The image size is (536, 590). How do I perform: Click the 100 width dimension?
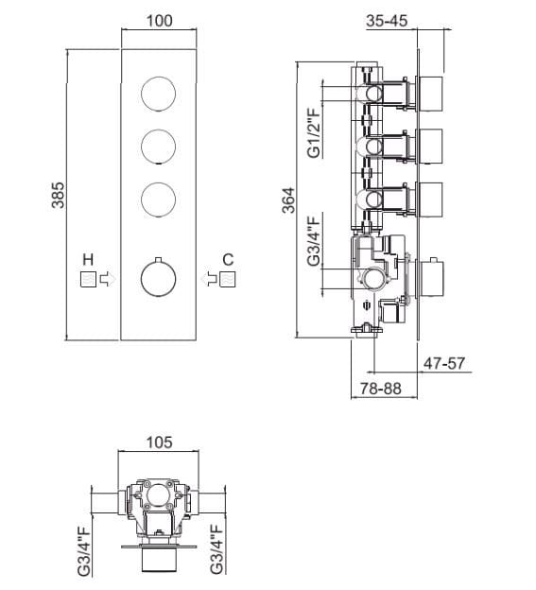point(160,21)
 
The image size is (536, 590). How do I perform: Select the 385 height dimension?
point(58,195)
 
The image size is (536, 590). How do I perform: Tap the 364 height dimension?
point(289,200)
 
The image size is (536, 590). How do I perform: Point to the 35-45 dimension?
point(387,20)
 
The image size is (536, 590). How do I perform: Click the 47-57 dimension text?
point(444,363)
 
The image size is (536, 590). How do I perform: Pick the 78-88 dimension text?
point(381,389)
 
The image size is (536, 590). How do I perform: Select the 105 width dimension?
point(159,442)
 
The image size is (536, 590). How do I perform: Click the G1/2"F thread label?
point(313,132)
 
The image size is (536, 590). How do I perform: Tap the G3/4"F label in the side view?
point(313,240)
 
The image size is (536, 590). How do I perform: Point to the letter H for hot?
point(88,260)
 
